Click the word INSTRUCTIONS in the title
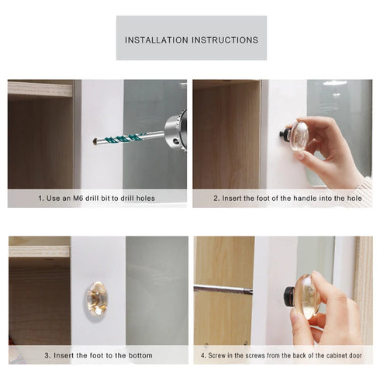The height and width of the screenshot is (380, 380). click(x=225, y=39)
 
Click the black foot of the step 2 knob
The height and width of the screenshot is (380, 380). click(x=285, y=135)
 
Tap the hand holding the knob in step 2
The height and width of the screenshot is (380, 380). click(x=326, y=151)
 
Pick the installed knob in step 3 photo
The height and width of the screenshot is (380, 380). click(x=98, y=298)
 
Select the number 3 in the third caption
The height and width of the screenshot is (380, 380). click(x=46, y=355)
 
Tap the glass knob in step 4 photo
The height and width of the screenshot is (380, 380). click(x=306, y=295)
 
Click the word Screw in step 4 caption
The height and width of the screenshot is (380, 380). click(x=217, y=355)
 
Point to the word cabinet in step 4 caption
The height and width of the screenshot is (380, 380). click(x=320, y=355)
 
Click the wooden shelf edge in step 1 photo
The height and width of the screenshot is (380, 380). click(x=39, y=89)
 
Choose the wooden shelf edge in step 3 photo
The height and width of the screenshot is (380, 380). click(x=39, y=252)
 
